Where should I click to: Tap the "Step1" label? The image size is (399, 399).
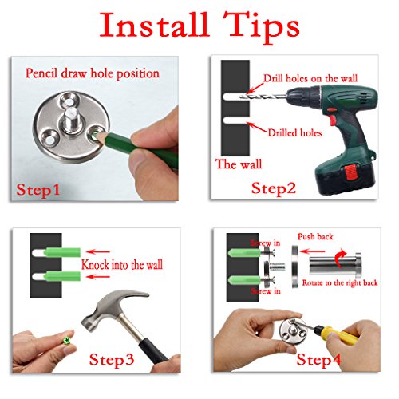38,190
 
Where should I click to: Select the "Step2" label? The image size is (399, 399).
274,189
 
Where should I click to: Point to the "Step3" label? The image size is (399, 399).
112,360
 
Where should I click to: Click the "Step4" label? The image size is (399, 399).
318,360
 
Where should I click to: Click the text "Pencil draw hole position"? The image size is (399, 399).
93,73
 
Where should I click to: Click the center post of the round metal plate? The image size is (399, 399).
71,120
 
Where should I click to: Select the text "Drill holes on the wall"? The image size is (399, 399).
310,78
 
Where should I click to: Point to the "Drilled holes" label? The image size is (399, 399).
294,132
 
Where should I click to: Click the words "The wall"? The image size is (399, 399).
239,164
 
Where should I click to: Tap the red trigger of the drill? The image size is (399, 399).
333,120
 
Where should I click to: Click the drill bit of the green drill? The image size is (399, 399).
262,97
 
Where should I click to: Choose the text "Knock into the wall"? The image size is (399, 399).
122,265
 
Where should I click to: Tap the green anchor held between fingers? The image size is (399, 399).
67,341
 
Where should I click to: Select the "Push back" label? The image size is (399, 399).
315,236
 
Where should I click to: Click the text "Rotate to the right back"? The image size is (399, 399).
340,282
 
